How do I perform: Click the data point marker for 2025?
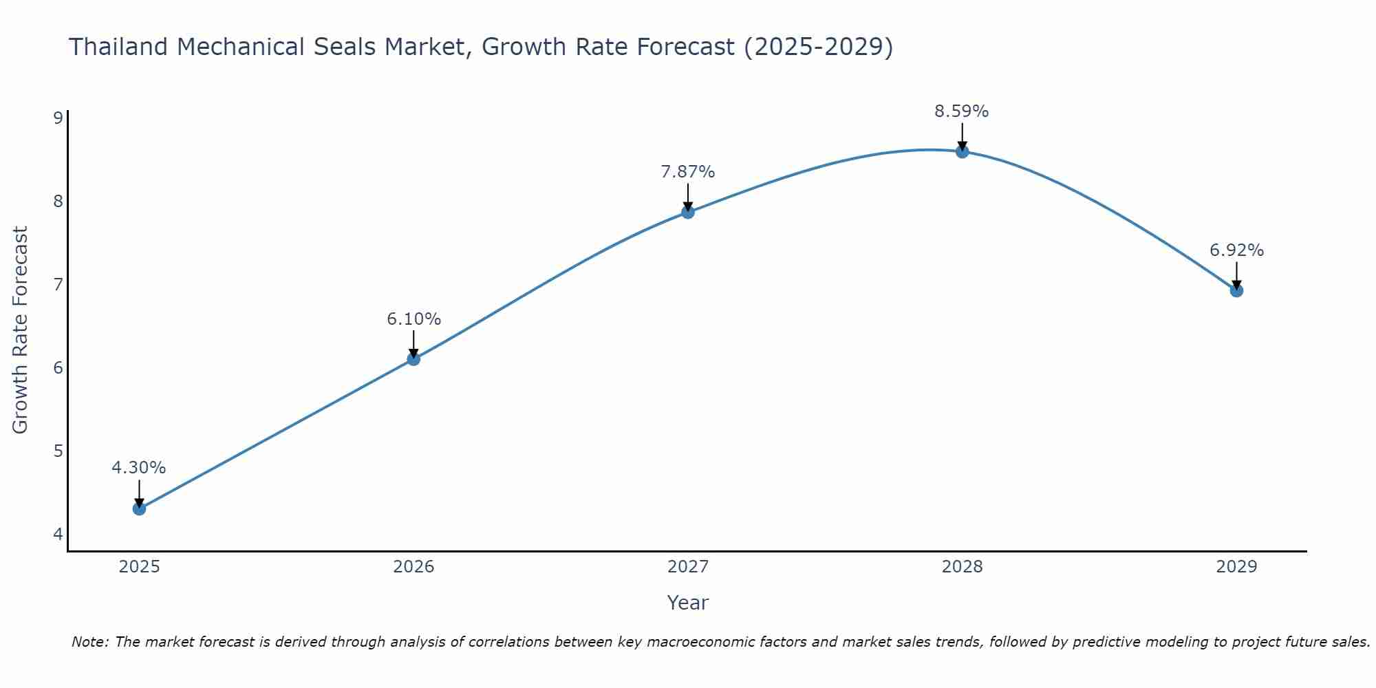(x=139, y=508)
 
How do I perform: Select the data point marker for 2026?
(x=413, y=358)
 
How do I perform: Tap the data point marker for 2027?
(x=688, y=212)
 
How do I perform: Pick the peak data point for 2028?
(x=962, y=151)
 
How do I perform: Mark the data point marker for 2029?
(x=1236, y=290)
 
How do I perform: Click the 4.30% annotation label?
(x=139, y=468)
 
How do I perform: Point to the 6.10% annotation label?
(x=413, y=319)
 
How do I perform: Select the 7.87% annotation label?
(x=688, y=172)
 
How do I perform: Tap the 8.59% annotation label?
(x=962, y=111)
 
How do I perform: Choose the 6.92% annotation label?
(x=1236, y=250)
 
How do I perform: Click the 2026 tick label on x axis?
(x=413, y=567)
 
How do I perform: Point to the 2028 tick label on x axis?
(x=962, y=567)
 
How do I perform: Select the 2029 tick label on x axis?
(x=1236, y=567)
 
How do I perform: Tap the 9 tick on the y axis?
(x=58, y=118)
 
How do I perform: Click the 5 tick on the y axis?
(x=58, y=451)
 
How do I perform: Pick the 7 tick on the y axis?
(x=58, y=284)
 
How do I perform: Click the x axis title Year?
(x=688, y=603)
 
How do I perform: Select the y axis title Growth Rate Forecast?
(x=21, y=330)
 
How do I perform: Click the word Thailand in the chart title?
(x=118, y=47)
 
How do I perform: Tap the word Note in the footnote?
(x=89, y=642)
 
